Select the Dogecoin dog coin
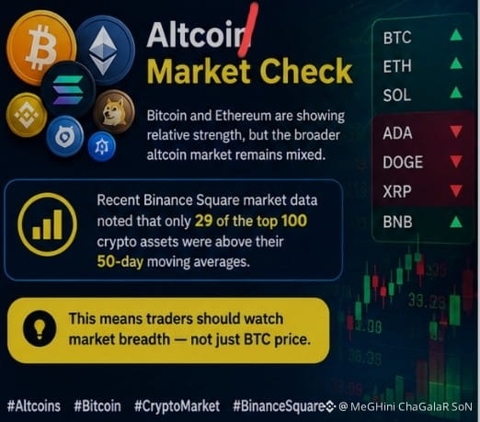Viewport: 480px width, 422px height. click(114, 112)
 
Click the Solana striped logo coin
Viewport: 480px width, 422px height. click(68, 90)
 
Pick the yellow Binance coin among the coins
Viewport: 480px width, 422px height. click(26, 115)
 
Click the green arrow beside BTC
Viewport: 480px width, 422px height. click(456, 35)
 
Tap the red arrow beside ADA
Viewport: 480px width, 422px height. click(456, 131)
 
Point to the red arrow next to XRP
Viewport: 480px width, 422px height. click(456, 190)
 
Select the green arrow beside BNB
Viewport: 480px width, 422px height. click(456, 222)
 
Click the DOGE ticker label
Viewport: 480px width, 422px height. click(403, 162)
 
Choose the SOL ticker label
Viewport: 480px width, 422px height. click(396, 95)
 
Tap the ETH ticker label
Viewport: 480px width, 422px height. click(397, 66)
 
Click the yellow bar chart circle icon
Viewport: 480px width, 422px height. click(47, 224)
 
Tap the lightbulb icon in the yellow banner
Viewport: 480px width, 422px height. click(40, 329)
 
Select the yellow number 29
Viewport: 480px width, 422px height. click(203, 221)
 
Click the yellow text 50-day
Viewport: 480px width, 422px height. click(120, 262)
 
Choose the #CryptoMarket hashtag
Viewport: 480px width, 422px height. click(177, 406)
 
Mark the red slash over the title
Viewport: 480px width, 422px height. click(249, 30)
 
